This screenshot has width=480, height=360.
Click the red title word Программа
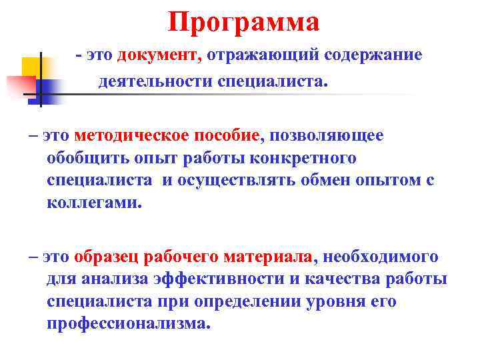click(244, 23)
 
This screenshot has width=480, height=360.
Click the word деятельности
click(155, 82)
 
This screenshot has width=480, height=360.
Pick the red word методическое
click(133, 136)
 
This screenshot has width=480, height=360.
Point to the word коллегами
click(95, 203)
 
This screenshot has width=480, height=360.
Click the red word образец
click(107, 257)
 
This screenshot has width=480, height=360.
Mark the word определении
click(255, 301)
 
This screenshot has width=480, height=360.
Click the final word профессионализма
click(128, 323)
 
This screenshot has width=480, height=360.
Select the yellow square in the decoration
click(31, 67)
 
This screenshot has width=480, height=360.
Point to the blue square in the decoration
click(48, 89)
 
